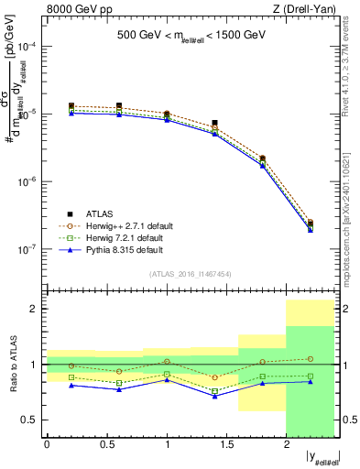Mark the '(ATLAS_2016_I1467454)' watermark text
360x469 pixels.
[x=191, y=273]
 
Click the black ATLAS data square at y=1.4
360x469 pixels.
[x=214, y=123]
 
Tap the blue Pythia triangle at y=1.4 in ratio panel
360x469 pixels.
[x=214, y=396]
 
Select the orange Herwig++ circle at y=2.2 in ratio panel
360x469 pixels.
[x=310, y=359]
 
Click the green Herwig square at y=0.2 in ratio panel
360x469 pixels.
[x=71, y=377]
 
